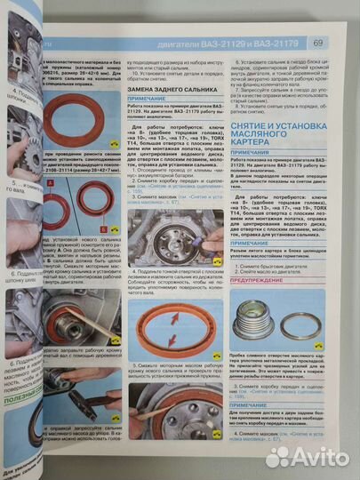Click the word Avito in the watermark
coord(323,456)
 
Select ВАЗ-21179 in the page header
coord(284,43)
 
